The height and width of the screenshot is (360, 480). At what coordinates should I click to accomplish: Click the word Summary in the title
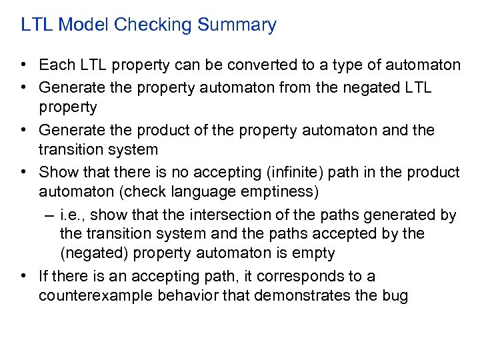(x=241, y=25)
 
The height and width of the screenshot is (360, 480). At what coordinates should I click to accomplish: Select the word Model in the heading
(x=84, y=25)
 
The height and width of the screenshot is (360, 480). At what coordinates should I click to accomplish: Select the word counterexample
(x=95, y=297)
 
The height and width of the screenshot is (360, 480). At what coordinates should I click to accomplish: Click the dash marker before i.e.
(x=51, y=215)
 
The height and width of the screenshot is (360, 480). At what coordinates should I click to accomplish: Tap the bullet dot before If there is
(x=23, y=276)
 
